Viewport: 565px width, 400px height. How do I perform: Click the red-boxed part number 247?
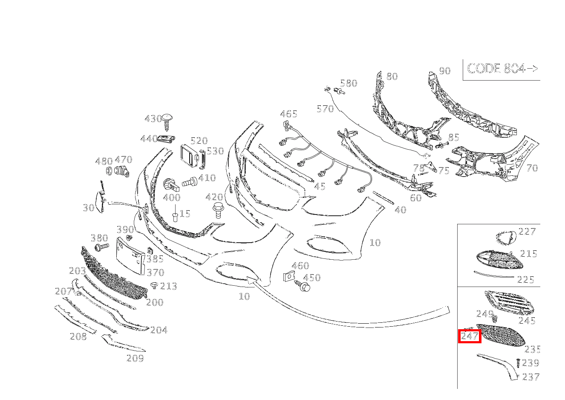[470, 336]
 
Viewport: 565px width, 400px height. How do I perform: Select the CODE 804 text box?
[502, 70]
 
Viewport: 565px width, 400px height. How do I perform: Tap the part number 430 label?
[153, 119]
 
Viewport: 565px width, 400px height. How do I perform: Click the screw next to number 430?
[167, 122]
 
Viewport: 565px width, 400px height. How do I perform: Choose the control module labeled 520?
[190, 156]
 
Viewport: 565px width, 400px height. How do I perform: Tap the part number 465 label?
[288, 114]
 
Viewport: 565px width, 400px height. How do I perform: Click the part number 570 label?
[325, 109]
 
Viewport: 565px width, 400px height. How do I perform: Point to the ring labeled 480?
[109, 171]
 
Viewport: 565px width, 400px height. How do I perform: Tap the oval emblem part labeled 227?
[506, 238]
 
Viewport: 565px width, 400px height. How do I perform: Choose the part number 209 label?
[135, 358]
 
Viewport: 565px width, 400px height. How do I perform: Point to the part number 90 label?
[445, 71]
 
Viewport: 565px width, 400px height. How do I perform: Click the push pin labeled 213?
[153, 285]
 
